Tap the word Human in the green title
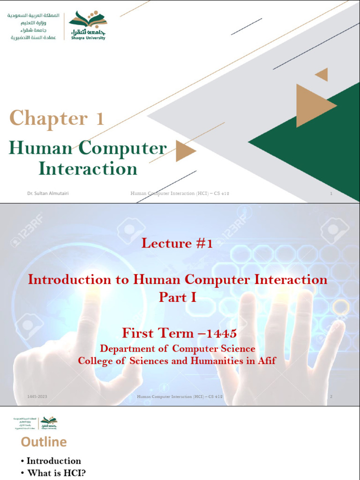click(40, 148)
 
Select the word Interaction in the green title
click(88, 168)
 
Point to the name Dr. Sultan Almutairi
click(48, 193)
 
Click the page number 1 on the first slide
click(331, 193)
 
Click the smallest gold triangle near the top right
click(322, 75)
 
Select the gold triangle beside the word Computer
click(185, 151)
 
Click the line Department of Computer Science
click(178, 349)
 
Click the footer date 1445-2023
click(37, 397)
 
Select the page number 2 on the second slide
click(331, 397)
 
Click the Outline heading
click(44, 442)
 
